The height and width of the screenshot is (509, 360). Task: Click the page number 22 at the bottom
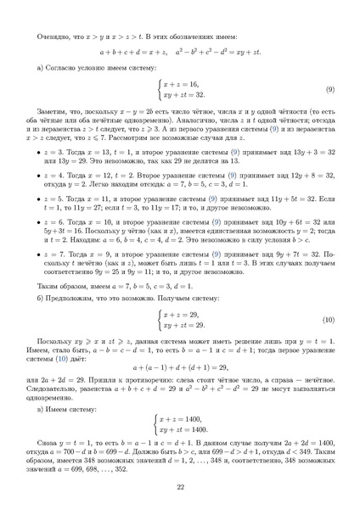(x=180, y=486)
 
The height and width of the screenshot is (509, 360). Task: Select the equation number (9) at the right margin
(x=329, y=89)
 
